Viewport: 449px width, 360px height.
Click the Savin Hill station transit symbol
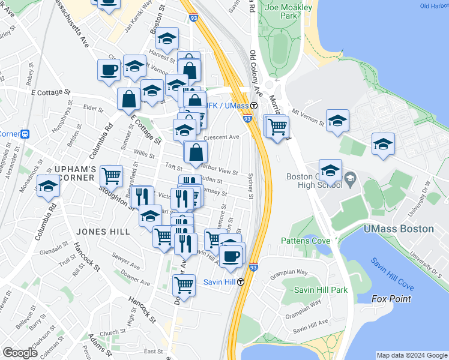[x=240, y=282]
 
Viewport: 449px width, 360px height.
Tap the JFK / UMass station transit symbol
[x=254, y=106]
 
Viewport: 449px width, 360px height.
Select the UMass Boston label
[x=399, y=229]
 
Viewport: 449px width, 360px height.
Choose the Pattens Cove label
[x=306, y=241]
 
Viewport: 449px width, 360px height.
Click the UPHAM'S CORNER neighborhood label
[x=66, y=173]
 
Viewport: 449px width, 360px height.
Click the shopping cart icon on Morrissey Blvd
[x=277, y=127]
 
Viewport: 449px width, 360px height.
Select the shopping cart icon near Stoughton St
[x=111, y=176]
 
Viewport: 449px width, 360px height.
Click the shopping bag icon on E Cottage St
[x=129, y=99]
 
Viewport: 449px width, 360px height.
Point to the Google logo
[x=20, y=353]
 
